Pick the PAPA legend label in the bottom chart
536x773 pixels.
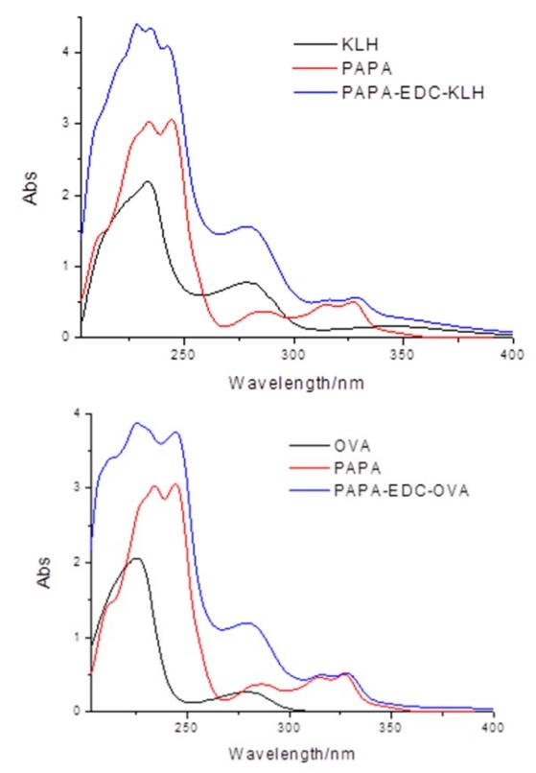pos(360,469)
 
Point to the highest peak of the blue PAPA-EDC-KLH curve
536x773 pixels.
pos(137,25)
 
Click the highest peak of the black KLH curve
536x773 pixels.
pos(148,181)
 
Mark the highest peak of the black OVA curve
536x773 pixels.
pos(136,558)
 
